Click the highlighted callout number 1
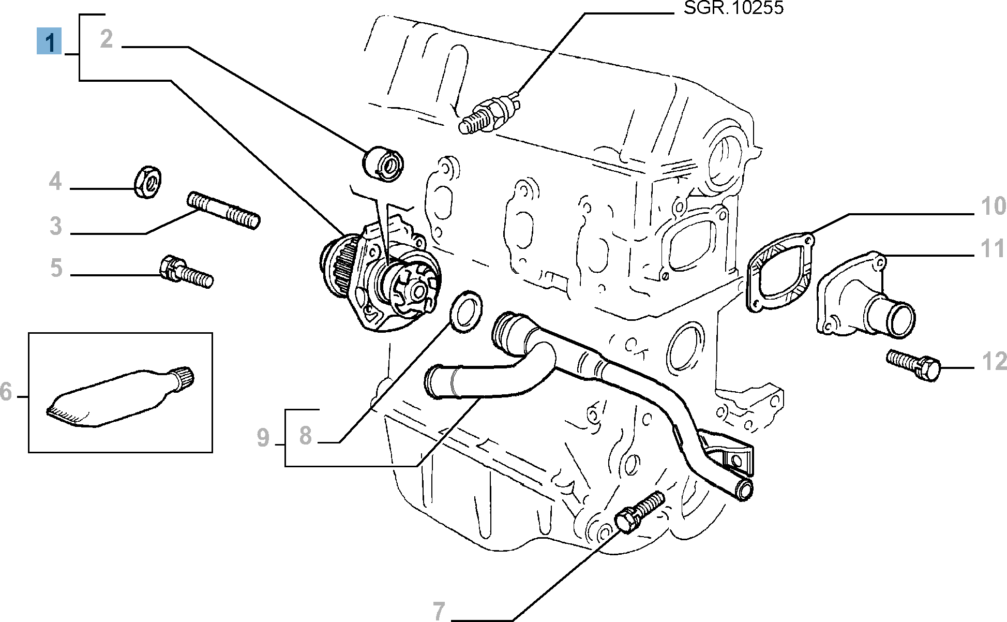coord(49,41)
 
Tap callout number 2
coord(107,39)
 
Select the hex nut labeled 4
coord(148,182)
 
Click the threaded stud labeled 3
coord(223,210)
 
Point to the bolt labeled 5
coord(187,271)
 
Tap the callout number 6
coord(6,392)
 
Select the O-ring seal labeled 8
coord(465,311)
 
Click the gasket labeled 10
coord(779,274)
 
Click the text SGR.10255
coord(733,8)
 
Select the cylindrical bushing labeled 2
coord(383,164)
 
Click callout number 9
coord(263,438)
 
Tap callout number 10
coord(993,206)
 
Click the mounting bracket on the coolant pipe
coord(730,455)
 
